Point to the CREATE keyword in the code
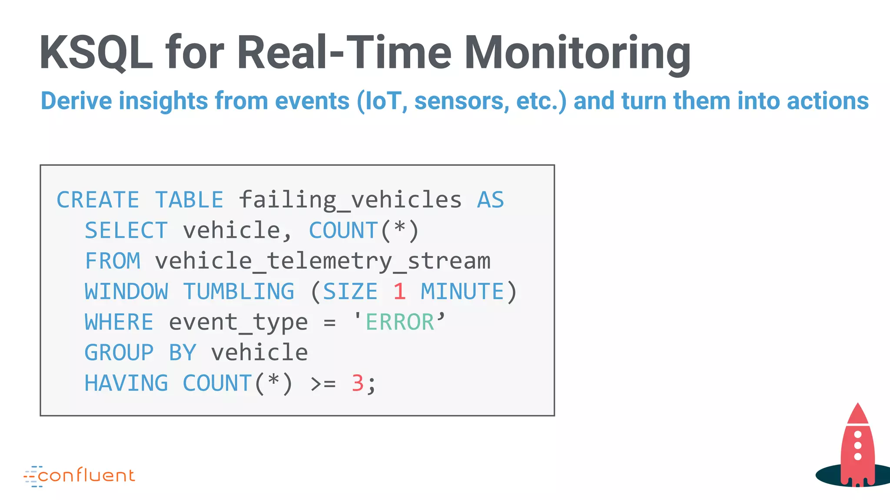coord(98,200)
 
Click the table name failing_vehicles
coord(350,200)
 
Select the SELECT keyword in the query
coord(126,230)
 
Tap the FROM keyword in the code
coord(113,261)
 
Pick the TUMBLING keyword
coord(239,292)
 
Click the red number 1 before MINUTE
coord(399,292)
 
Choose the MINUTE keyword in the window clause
coord(462,292)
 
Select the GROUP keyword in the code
coord(119,353)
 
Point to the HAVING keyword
coord(126,384)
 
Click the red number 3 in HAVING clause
coord(358,384)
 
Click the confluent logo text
coord(86,476)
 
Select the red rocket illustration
coord(857,447)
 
